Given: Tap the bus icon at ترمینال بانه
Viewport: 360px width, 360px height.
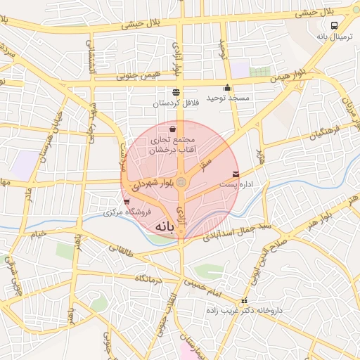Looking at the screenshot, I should point(335,23).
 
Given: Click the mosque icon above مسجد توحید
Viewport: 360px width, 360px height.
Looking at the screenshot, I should point(227,89).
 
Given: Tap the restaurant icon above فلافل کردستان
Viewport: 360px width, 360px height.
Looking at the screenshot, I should point(175,92).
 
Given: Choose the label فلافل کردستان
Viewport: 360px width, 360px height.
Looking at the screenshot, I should point(176,103).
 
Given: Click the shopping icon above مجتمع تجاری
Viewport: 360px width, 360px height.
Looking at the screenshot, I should point(173,129).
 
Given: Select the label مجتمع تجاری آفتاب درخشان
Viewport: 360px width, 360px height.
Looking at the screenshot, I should point(173,144).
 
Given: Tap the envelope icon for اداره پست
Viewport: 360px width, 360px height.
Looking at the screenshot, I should point(235,174).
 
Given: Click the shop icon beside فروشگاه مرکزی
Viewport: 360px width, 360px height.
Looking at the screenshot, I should point(127,202).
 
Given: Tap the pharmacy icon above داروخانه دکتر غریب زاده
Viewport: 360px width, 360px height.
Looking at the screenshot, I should point(244,301).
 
